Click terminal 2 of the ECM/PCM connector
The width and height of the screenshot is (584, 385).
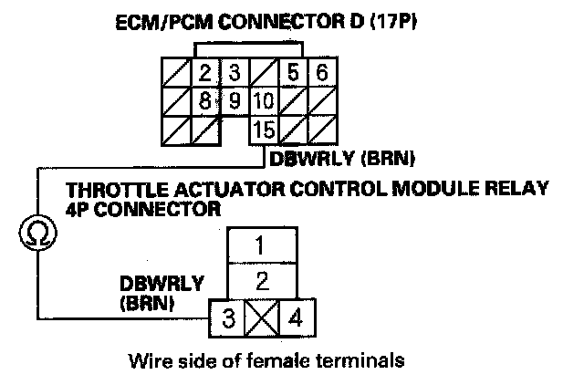tap(205, 72)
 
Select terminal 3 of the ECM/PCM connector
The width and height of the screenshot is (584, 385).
tap(235, 72)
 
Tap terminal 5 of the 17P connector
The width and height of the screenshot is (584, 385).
tap(292, 72)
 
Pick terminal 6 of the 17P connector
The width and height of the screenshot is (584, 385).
tap(320, 72)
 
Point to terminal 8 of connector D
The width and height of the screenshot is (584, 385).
tap(205, 99)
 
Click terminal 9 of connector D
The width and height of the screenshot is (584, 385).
tap(235, 99)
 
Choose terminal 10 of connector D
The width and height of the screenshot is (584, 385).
tap(264, 99)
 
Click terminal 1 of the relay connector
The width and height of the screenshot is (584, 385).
tap(261, 245)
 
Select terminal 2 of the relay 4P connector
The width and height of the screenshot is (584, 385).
tap(261, 279)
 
